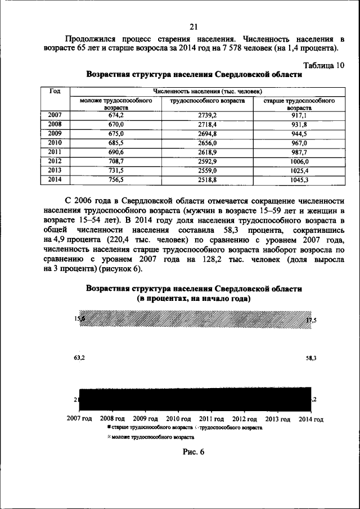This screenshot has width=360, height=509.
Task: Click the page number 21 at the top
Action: click(193, 27)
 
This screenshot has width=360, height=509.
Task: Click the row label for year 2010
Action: click(55, 143)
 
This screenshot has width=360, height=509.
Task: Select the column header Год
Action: click(55, 91)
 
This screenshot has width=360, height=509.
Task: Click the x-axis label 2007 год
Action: click(79, 419)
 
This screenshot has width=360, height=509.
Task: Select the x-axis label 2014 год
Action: click(311, 419)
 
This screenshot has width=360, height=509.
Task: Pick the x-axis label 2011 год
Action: click(211, 419)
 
